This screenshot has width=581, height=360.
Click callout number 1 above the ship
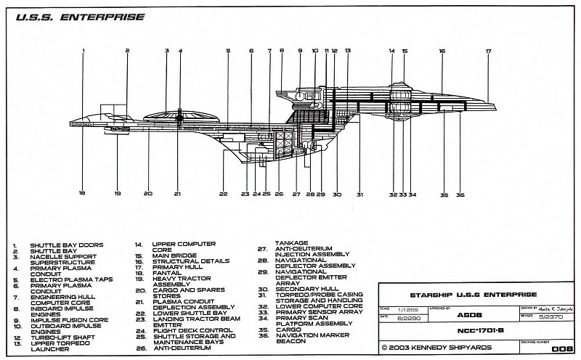(84, 51)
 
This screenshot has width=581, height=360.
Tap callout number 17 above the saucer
(489, 51)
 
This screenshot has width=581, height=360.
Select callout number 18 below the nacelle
(82, 194)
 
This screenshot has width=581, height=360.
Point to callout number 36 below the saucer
(460, 195)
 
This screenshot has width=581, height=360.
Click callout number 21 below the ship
(178, 194)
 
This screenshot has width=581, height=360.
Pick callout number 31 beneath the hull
(359, 195)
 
